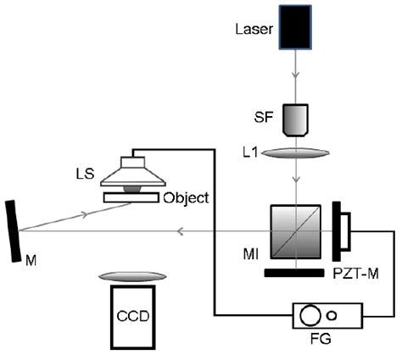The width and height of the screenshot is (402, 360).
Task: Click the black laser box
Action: point(296,30)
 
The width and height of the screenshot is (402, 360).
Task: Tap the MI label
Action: point(253,253)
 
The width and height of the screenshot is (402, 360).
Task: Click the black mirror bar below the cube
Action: point(296,273)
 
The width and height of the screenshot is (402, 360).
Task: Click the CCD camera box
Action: point(131,317)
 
